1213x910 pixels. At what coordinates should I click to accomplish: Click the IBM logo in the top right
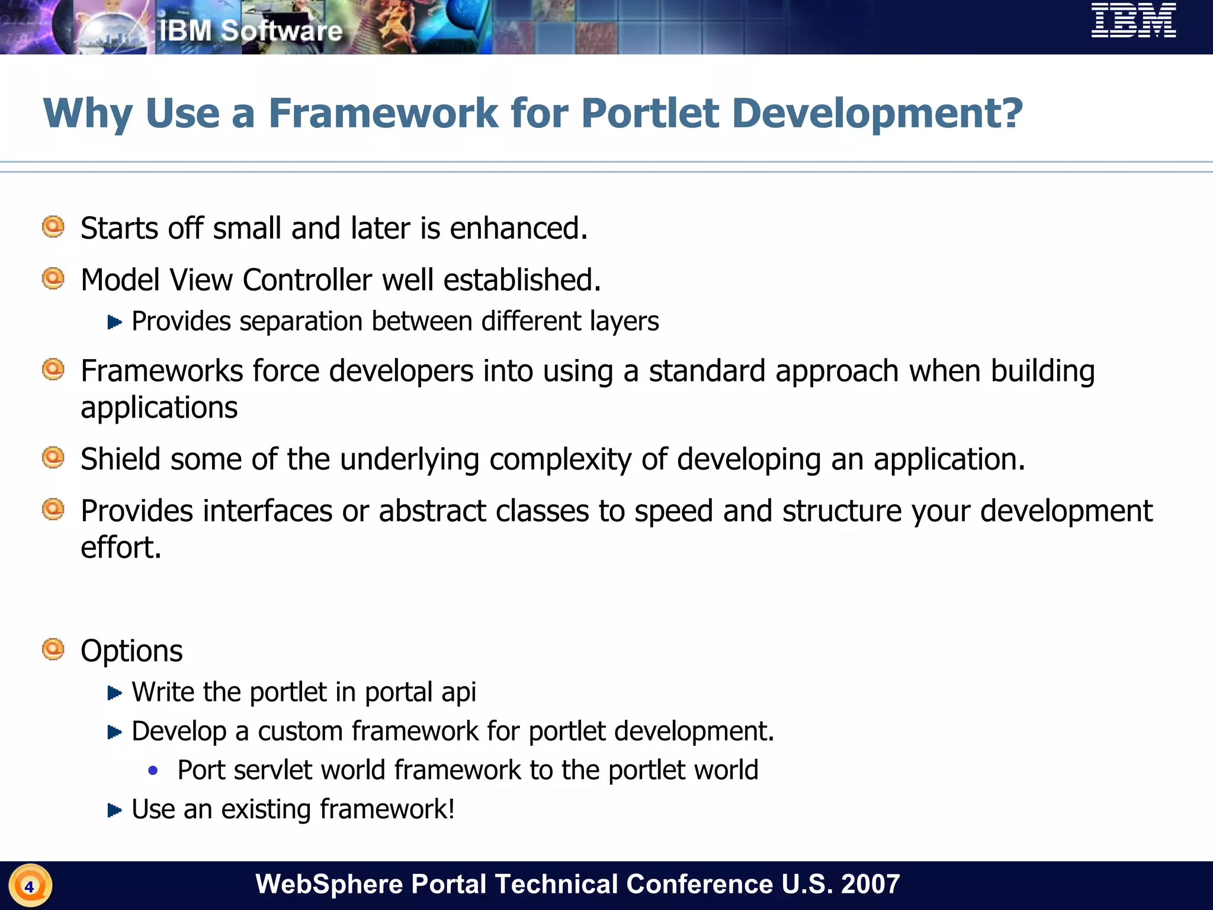[1134, 21]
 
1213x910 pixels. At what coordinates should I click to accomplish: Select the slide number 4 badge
[30, 886]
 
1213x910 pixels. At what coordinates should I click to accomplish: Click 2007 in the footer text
[869, 884]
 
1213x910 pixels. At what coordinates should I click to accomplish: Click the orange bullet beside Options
[53, 649]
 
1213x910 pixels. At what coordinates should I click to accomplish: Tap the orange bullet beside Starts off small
[53, 227]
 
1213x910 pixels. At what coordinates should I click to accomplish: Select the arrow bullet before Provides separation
[114, 322]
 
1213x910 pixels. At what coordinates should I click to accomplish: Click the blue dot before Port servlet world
[153, 770]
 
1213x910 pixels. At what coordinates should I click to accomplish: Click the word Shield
[120, 459]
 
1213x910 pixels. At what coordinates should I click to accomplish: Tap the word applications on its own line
[159, 408]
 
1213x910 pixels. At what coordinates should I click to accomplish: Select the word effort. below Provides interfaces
[120, 547]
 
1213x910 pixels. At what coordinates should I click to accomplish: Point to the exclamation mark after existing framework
[451, 809]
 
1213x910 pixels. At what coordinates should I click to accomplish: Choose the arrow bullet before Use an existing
[114, 810]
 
